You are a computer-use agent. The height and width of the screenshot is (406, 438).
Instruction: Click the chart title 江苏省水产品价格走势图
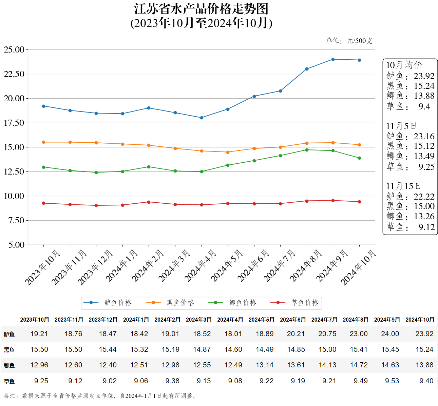tap(201, 9)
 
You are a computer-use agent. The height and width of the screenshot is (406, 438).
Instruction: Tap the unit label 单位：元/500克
tap(349, 41)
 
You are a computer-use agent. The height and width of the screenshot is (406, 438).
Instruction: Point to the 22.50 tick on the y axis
tap(14, 74)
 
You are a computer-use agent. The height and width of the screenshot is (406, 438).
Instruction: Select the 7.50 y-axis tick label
tap(16, 220)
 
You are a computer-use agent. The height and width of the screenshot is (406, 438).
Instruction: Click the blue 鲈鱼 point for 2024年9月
tap(333, 59)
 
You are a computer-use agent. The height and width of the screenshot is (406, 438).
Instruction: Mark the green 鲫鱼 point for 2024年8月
tap(307, 150)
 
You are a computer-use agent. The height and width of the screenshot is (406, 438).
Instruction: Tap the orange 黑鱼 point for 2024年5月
tap(228, 152)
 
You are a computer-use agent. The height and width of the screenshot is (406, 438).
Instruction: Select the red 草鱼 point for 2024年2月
tap(149, 202)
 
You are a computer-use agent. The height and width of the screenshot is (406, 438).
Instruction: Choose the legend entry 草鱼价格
tap(305, 303)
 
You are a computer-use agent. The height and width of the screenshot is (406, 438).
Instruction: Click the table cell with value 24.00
tap(390, 334)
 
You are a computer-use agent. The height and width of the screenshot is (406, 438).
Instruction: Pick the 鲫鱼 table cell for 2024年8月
tap(359, 365)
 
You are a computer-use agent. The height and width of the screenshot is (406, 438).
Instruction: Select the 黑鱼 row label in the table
tap(9, 350)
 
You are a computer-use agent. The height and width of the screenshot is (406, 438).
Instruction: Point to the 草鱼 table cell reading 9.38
tap(172, 381)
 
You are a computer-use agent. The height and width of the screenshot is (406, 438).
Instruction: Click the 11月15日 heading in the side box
tap(403, 186)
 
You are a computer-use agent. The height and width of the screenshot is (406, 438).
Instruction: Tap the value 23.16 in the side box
tap(424, 136)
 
